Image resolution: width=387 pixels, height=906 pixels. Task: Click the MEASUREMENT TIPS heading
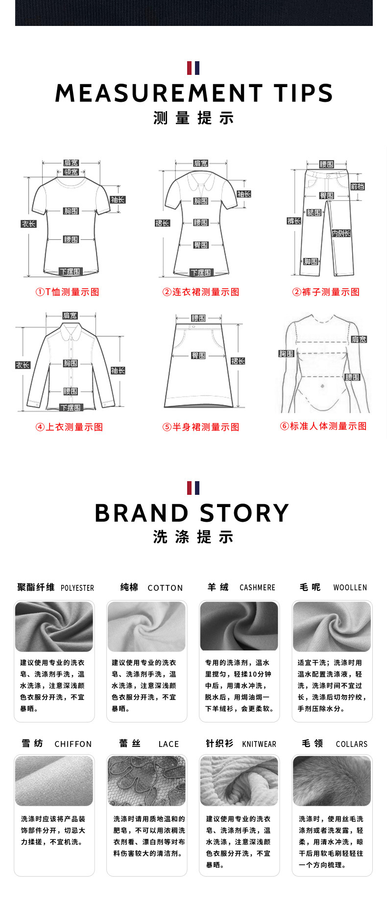click(193, 93)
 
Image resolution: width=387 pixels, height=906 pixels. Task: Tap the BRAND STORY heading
click(192, 513)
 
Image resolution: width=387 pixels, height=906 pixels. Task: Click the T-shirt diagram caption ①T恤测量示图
click(67, 292)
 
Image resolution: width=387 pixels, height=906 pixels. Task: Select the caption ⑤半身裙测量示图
click(201, 427)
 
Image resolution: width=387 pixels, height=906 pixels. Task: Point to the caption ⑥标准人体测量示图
click(323, 426)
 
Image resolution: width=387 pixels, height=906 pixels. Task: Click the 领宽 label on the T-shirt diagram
click(71, 172)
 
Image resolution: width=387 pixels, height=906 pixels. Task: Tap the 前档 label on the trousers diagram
click(358, 186)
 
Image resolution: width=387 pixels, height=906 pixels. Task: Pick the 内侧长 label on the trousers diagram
click(341, 233)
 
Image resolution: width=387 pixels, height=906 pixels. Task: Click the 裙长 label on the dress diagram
click(162, 223)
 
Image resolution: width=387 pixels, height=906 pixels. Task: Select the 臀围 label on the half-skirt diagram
click(198, 355)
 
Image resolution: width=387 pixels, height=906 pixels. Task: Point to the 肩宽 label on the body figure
click(359, 339)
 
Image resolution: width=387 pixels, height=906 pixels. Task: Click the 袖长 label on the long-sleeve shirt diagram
click(118, 371)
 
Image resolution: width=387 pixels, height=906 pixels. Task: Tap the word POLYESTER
click(77, 588)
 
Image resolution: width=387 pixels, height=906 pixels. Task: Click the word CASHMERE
click(257, 587)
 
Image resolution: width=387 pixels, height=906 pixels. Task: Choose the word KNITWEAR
click(259, 744)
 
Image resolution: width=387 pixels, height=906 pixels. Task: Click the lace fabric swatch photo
click(146, 781)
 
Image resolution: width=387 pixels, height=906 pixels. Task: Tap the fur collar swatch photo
click(332, 781)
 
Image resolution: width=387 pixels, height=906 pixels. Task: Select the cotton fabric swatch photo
click(146, 627)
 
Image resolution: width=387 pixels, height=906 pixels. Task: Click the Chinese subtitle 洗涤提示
click(193, 537)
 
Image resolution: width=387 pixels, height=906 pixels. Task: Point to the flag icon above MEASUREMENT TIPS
click(193, 68)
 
